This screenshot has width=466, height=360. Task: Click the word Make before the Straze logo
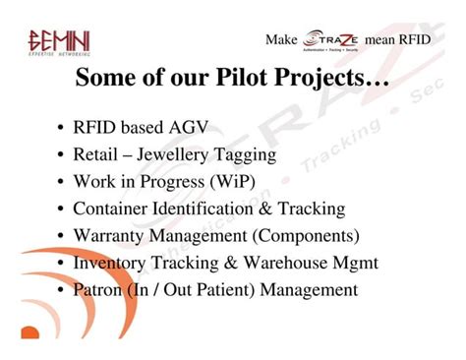[281, 40]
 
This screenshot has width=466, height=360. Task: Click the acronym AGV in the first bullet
[188, 128]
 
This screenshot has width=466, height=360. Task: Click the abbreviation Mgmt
[356, 263]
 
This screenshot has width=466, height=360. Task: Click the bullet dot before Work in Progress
[61, 183]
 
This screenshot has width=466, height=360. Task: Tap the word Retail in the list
[95, 155]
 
